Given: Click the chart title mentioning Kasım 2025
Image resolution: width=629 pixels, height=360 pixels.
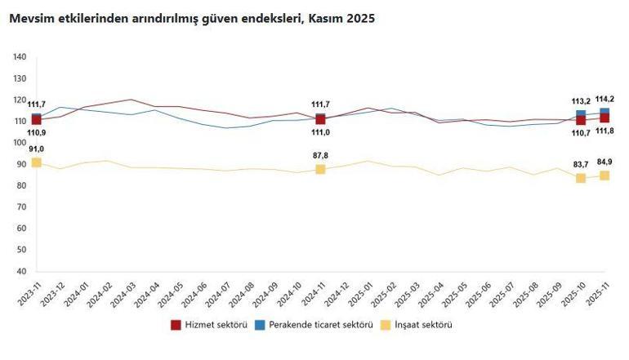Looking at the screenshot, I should click(192, 18).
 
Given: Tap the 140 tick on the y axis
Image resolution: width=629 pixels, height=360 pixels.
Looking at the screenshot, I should click(20, 57).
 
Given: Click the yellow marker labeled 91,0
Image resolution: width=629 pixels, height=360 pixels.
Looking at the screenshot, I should click(36, 162).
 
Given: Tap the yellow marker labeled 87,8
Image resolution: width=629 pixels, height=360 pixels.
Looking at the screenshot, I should click(320, 169).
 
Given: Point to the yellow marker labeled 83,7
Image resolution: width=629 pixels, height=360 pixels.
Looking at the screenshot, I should click(581, 178).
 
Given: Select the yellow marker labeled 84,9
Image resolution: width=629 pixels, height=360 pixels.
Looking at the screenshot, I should click(604, 176).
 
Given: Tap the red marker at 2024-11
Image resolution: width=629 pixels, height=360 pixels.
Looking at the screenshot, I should click(320, 119).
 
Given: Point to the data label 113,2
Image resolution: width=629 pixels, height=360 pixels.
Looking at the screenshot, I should click(580, 102).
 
